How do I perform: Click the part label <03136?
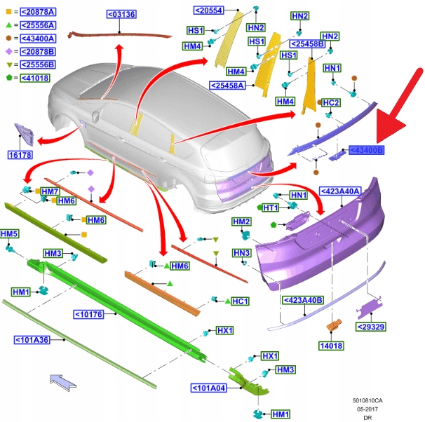[121, 14]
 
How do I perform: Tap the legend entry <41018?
[36, 79]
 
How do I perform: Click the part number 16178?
[20, 155]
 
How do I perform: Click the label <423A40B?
[303, 300]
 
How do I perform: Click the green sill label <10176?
[88, 314]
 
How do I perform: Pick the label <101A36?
[33, 340]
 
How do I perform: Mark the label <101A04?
[208, 387]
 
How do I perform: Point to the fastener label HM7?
[50, 191]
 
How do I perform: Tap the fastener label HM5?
[9, 233]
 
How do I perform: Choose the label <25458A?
[227, 86]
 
